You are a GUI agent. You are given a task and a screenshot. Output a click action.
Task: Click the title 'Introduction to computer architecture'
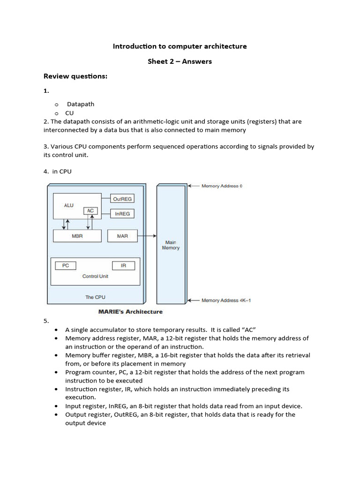click(180, 46)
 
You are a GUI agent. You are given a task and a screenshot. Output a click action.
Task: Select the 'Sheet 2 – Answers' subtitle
click(180, 61)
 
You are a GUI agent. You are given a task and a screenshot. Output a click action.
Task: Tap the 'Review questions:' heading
click(75, 76)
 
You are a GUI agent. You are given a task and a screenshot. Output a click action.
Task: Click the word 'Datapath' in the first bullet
click(80, 104)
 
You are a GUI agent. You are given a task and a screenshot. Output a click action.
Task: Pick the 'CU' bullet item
click(69, 113)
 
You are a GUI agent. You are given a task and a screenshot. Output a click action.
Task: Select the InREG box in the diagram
click(122, 214)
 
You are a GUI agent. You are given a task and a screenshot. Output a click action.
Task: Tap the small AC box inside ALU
click(90, 211)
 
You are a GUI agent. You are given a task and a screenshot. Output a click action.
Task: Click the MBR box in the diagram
click(77, 236)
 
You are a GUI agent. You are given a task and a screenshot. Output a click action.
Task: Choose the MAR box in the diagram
click(122, 236)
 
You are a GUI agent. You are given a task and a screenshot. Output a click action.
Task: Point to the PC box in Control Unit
click(66, 266)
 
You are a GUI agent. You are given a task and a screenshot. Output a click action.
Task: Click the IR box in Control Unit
click(123, 266)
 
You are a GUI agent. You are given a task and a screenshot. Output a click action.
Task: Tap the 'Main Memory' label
click(171, 245)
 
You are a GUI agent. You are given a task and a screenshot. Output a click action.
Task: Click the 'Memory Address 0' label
click(222, 186)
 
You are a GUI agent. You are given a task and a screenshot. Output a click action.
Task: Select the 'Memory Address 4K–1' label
click(226, 300)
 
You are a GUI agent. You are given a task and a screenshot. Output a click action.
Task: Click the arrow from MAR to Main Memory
click(146, 236)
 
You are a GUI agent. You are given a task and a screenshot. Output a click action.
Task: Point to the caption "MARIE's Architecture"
click(130, 312)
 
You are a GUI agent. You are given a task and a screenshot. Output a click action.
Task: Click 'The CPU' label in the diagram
click(95, 297)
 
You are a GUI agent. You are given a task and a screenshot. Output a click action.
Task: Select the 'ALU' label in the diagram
click(68, 205)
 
